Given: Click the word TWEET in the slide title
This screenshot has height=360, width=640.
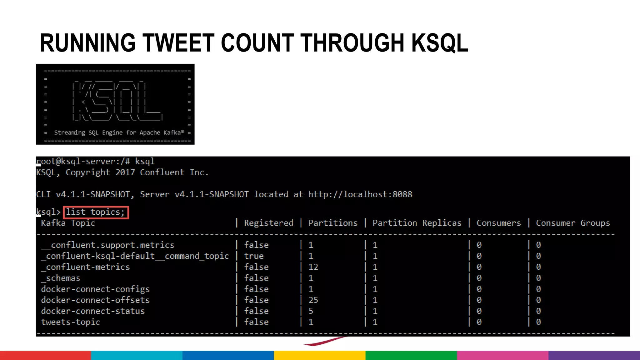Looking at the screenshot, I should (178, 43).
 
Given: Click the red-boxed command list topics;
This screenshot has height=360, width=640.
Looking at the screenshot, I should (96, 212).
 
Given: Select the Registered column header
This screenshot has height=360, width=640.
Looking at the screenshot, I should (268, 223).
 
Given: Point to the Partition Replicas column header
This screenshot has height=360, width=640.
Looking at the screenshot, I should (417, 223).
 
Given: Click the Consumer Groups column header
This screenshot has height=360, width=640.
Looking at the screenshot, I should (572, 223).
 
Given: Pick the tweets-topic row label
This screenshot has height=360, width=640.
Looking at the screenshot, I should (71, 322).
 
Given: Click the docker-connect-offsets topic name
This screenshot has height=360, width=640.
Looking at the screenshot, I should (95, 300).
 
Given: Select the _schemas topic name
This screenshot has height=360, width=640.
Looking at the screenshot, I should (61, 278).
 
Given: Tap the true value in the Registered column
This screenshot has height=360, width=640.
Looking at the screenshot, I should (254, 256).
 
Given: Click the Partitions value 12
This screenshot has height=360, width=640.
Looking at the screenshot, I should (313, 267).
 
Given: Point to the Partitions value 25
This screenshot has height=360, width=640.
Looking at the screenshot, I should (313, 300).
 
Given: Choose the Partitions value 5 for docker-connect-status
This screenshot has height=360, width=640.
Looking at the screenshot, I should (311, 311).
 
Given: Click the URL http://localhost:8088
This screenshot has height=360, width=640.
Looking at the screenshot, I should (360, 194).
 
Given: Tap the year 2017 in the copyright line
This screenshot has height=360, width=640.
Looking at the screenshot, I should (125, 172).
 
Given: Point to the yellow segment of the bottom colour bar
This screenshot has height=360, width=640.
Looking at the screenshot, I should (320, 355).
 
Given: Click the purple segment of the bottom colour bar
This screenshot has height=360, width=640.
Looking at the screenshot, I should (594, 355).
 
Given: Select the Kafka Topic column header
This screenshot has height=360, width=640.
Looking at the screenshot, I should (68, 223).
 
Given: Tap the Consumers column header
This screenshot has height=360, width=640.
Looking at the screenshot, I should (498, 223).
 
